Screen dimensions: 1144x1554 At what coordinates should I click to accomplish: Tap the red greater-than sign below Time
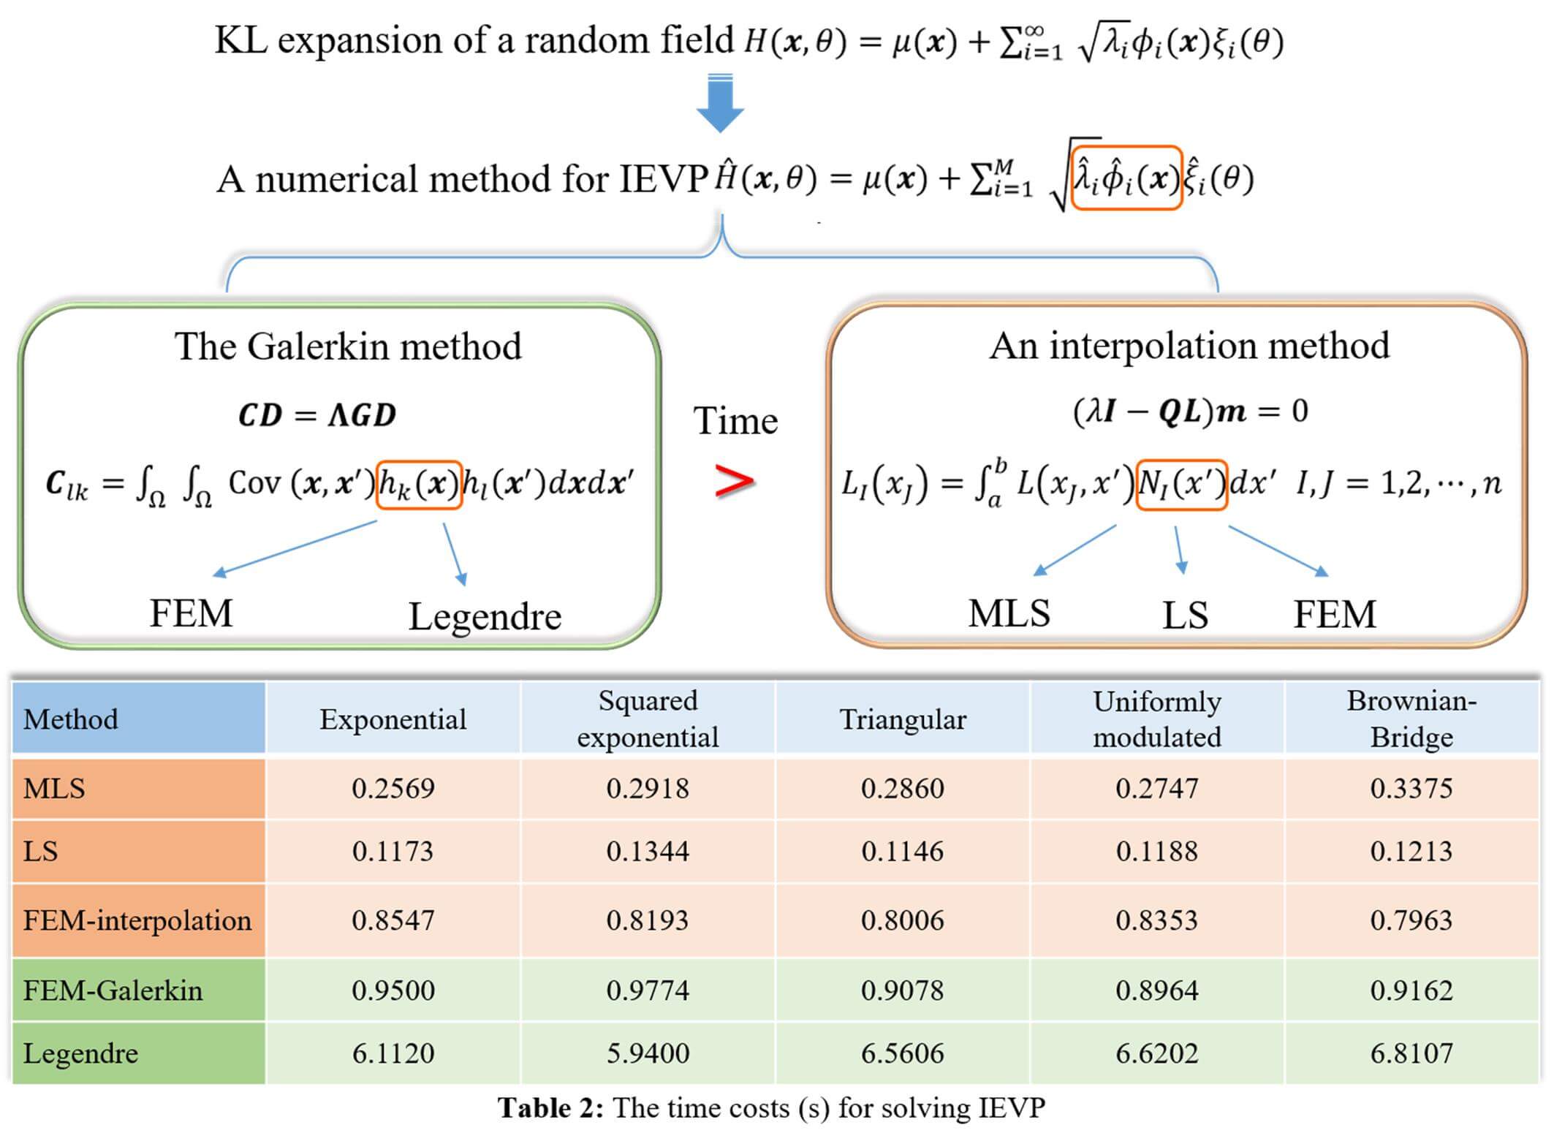click(x=734, y=482)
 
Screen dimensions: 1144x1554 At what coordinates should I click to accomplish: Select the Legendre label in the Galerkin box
click(x=485, y=616)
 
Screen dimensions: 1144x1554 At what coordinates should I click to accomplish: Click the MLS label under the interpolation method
click(x=1009, y=613)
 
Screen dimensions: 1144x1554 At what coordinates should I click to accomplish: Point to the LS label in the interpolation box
click(x=1185, y=615)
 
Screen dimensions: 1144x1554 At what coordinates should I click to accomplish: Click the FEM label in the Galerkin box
click(x=191, y=613)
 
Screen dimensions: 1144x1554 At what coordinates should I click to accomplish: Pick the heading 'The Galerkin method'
click(x=348, y=346)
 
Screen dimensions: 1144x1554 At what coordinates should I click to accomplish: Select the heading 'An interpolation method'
click(x=1189, y=346)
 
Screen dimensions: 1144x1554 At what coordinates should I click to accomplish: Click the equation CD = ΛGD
click(x=317, y=415)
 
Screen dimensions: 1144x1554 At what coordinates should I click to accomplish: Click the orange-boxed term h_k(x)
click(x=419, y=484)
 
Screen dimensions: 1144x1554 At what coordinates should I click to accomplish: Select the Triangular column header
click(x=902, y=719)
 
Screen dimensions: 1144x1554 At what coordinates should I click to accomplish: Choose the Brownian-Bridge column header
click(x=1411, y=719)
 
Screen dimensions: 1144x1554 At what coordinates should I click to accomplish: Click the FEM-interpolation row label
click(x=137, y=920)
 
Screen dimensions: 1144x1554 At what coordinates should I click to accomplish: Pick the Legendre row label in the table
click(x=80, y=1053)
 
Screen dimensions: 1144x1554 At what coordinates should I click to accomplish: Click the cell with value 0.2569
click(x=393, y=789)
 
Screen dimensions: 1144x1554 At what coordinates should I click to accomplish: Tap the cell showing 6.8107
click(x=1411, y=1053)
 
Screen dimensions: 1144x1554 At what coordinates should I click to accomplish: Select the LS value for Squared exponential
click(x=648, y=852)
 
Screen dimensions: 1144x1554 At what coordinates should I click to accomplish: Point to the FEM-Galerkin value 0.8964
click(x=1156, y=990)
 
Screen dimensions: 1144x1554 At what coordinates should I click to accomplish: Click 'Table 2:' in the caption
click(x=550, y=1108)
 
